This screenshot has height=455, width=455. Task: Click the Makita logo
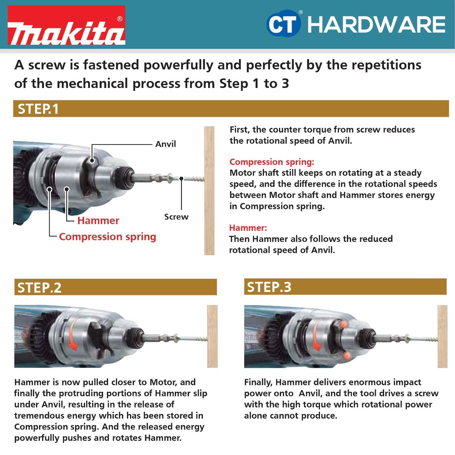click(x=67, y=25)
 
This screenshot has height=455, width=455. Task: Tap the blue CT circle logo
click(x=284, y=24)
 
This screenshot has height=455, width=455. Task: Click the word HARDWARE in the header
click(x=376, y=25)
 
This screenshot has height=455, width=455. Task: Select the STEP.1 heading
click(x=38, y=109)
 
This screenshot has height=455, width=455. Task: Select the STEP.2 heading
click(x=39, y=287)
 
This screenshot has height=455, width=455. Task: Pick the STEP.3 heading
click(x=269, y=287)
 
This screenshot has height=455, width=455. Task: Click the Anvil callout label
click(x=166, y=144)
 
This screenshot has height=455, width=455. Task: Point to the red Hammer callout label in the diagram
click(x=98, y=221)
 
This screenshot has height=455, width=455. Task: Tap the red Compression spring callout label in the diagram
click(x=108, y=237)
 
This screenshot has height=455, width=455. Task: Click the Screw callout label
click(x=176, y=217)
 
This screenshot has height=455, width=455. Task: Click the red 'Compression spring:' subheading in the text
click(x=271, y=162)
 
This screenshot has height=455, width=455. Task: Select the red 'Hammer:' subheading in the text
click(x=248, y=228)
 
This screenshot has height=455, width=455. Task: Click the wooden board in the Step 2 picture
click(x=212, y=336)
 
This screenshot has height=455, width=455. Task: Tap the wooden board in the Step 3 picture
click(x=442, y=336)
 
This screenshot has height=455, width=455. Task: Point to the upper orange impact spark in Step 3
click(x=343, y=325)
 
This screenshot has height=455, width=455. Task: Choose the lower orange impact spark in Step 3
click(x=346, y=356)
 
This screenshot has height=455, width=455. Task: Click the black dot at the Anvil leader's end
click(x=92, y=161)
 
